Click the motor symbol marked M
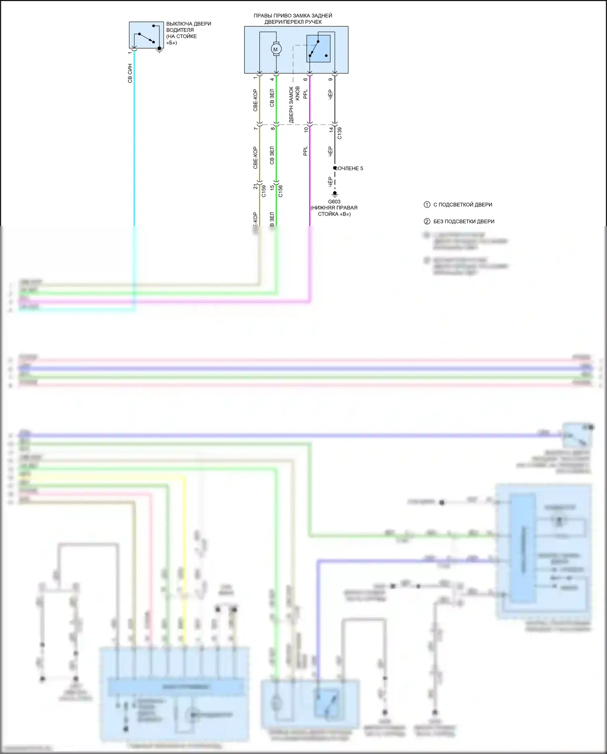276,49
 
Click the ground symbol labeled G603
335,194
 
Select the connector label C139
340,133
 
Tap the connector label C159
263,191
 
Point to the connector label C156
280,191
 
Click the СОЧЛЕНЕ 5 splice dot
335,168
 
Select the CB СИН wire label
130,73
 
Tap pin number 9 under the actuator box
331,79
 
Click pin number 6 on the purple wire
306,79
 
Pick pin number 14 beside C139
331,130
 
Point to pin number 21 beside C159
255,186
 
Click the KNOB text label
297,93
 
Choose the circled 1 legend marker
427,205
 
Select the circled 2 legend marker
427,221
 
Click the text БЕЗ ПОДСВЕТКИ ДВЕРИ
464,221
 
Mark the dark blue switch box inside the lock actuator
318,49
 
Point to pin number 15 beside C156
272,187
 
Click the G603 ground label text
334,201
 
